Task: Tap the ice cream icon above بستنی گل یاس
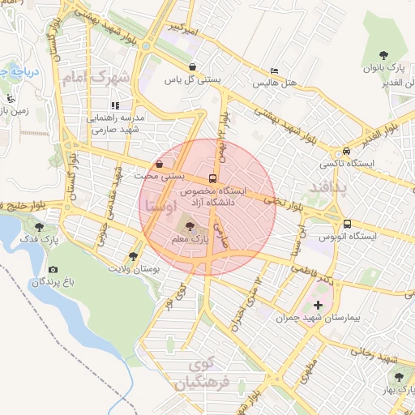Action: pyautogui.click(x=192, y=67)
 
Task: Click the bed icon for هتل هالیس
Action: pyautogui.click(x=273, y=71)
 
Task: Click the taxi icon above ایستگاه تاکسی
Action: pyautogui.click(x=347, y=151)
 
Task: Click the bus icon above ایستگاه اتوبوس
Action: pyautogui.click(x=347, y=224)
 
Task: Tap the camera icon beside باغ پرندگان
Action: pyautogui.click(x=53, y=269)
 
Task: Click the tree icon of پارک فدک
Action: pyautogui.click(x=40, y=226)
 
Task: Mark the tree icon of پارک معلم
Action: pyautogui.click(x=190, y=227)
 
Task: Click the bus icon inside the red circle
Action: pyautogui.click(x=212, y=178)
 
